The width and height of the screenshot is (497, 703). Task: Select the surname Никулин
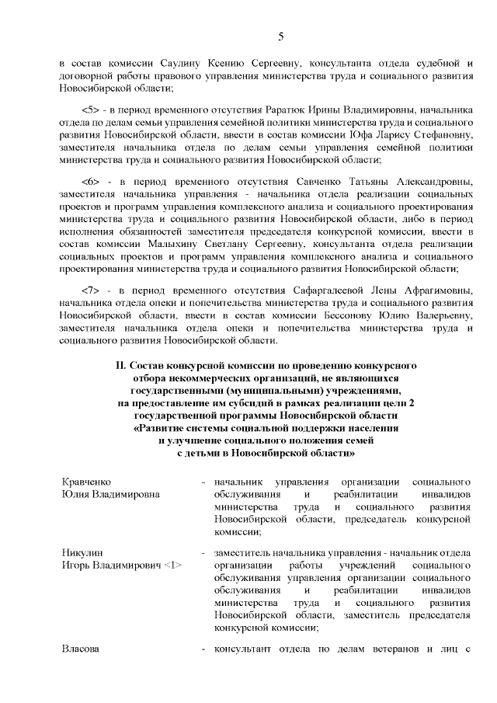82,554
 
